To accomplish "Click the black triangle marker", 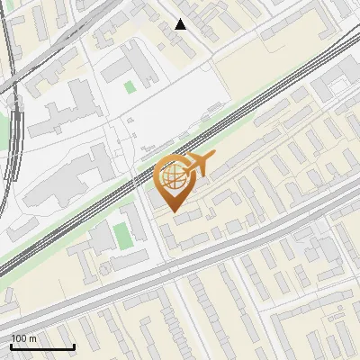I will (x=181, y=24).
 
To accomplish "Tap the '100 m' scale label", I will (x=23, y=338).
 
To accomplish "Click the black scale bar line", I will (x=42, y=346).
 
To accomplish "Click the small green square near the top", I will (x=130, y=86).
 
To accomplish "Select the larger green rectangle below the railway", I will (x=122, y=236).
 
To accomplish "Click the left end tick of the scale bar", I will (x=11, y=346).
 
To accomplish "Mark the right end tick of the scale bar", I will (x=74, y=346).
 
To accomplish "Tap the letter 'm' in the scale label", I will (x=32, y=338).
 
